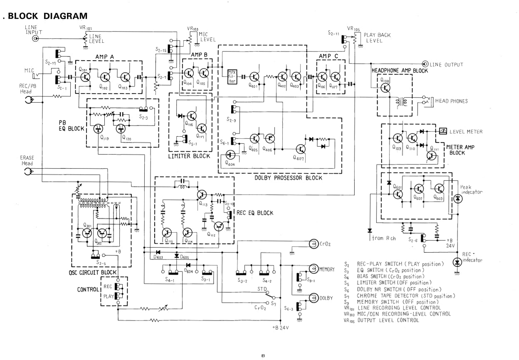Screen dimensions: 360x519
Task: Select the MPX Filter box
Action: pos(232,77)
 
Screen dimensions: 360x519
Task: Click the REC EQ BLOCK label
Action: pos(255,213)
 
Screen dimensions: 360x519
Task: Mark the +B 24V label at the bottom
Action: pos(279,327)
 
